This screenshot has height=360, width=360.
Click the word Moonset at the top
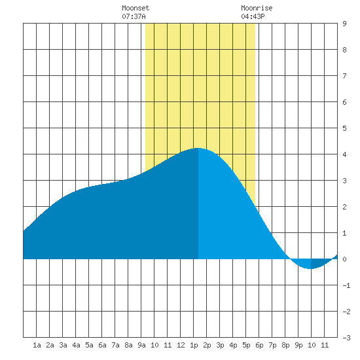pos(135,8)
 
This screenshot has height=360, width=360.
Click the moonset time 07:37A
pos(134,16)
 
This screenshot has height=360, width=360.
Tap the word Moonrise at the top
pos(257,8)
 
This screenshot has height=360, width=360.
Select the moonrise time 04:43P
pos(253,16)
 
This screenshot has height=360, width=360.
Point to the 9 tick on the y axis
pos(344,24)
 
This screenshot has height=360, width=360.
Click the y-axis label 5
pos(344,128)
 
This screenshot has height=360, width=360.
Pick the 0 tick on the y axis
pos(344,259)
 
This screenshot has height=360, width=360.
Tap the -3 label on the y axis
pos(346,338)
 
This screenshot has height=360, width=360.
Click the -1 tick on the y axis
pos(346,285)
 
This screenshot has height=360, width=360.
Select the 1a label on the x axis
pos(37,345)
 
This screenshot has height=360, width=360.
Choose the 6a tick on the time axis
pos(102,345)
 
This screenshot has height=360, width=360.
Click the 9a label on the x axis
pos(141,345)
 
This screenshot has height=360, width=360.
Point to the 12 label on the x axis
pos(181,345)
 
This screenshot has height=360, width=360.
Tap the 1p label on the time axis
pos(194,345)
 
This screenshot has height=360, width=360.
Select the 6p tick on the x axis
pos(259,345)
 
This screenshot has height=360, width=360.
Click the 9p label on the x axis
pos(298,345)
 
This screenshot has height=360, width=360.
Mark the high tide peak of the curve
pos(198,149)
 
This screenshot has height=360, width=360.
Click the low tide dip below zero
pos(310,268)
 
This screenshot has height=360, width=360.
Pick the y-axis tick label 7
pos(344,76)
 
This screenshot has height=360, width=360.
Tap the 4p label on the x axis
pos(233,345)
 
